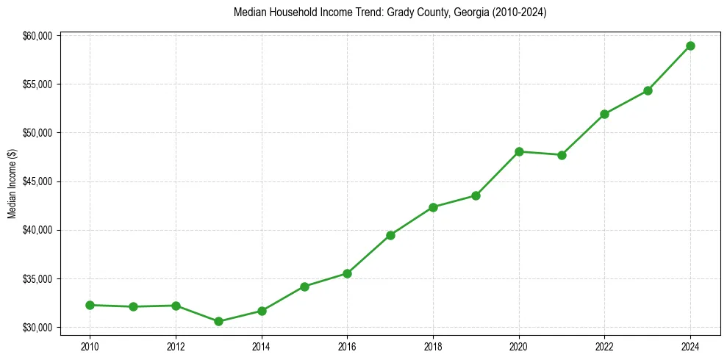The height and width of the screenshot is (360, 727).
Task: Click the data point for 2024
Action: point(690,46)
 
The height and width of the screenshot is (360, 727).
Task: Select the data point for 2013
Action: point(218,321)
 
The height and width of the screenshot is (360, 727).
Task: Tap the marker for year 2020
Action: point(519,151)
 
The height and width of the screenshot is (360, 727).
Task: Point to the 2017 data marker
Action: point(390,235)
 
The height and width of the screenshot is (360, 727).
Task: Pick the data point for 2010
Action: point(90,305)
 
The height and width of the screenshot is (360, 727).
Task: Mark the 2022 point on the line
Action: point(604,114)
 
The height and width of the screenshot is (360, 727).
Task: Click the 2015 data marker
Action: point(304,287)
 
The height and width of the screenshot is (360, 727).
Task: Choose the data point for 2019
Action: point(476,195)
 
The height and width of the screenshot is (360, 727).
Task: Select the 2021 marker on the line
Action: point(562,155)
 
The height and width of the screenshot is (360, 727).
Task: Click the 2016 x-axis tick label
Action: point(347,345)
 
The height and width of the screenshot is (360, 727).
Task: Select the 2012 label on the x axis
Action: point(175,345)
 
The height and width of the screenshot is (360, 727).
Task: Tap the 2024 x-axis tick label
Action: point(690,345)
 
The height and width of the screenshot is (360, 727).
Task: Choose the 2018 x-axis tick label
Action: point(433,345)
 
